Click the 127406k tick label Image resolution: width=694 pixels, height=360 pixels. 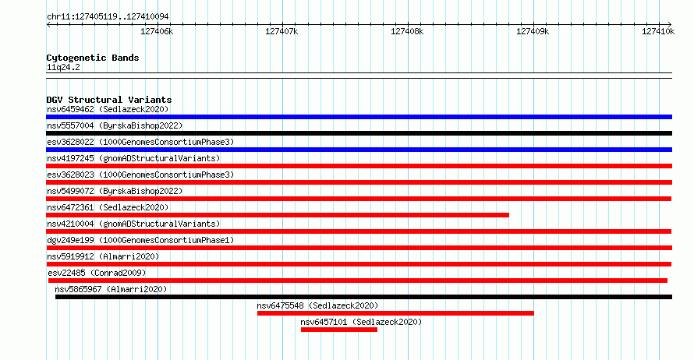157,31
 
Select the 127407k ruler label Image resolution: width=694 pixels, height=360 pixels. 281,31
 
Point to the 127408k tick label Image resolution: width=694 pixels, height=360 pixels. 407,31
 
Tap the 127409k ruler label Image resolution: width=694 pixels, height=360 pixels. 533,31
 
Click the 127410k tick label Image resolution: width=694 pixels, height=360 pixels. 658,31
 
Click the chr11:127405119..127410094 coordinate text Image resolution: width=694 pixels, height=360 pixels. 108,17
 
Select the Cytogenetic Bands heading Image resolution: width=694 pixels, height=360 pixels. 93,58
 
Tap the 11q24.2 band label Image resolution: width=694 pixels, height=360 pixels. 63,67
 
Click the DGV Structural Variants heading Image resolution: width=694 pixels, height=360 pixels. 109,100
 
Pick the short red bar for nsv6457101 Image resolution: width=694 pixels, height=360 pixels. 339,330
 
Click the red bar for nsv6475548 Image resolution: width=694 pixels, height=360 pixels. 395,313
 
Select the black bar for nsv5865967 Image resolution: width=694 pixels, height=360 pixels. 364,297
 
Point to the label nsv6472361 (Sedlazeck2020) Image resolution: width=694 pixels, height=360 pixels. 108,207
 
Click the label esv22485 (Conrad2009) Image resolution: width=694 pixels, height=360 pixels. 97,273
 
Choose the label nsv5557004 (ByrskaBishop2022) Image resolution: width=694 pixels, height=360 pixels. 115,125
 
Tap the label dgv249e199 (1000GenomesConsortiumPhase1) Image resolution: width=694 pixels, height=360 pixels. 140,240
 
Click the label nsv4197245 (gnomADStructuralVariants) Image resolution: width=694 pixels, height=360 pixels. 133,158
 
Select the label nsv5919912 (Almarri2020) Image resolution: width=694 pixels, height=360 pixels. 103,256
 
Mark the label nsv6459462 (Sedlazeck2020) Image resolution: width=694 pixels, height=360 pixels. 108,109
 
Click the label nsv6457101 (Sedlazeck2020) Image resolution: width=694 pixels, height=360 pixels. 361,322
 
